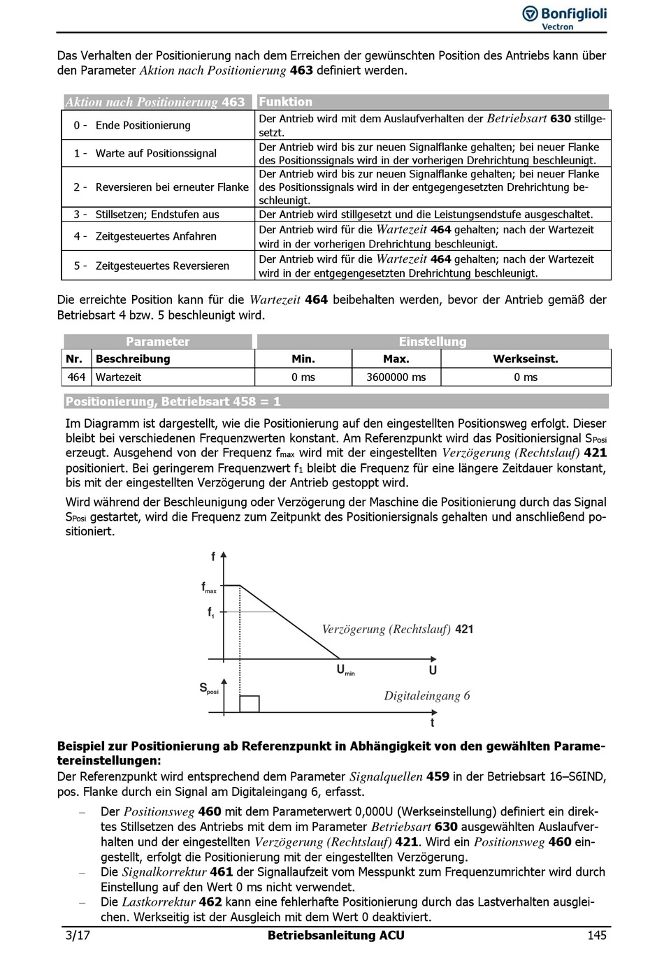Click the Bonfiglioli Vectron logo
[x=564, y=17]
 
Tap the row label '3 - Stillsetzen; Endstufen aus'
[x=146, y=215]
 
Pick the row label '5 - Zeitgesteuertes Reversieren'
[x=152, y=266]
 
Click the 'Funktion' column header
[x=286, y=102]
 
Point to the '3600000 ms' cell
[x=396, y=377]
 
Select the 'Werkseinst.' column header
[x=526, y=359]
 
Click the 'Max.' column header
[x=396, y=359]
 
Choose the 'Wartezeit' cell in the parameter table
[x=118, y=377]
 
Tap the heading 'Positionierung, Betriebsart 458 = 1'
[x=173, y=402]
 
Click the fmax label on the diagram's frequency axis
[x=209, y=588]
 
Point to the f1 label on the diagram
[x=210, y=613]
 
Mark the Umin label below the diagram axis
[x=345, y=670]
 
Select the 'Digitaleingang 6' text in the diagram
[x=426, y=696]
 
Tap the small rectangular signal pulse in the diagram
[x=250, y=704]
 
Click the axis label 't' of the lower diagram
[x=432, y=723]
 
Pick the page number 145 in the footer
[x=596, y=936]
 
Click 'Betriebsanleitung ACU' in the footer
[x=335, y=936]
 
